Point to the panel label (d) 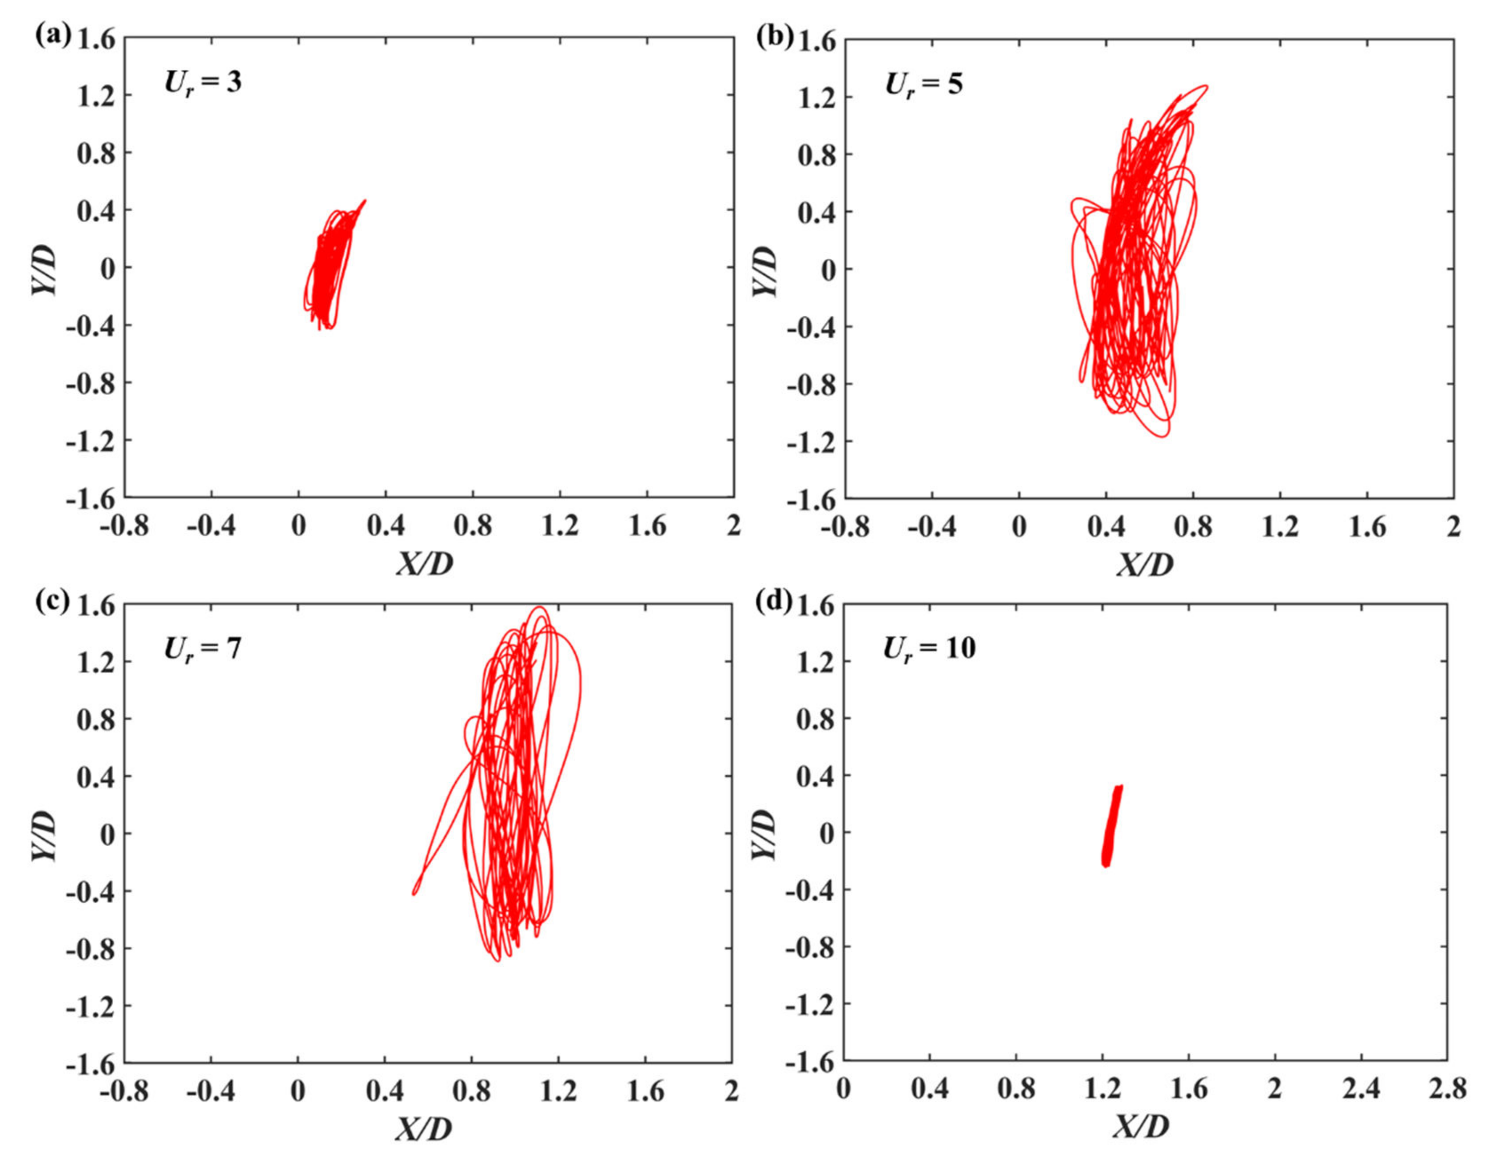pyautogui.click(x=774, y=602)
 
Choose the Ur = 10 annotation pyautogui.click(x=929, y=647)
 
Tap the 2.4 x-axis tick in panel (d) pyautogui.click(x=1360, y=1089)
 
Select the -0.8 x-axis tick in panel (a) pyautogui.click(x=124, y=526)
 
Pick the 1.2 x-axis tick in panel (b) pyautogui.click(x=1280, y=527)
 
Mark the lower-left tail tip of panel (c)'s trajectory pyautogui.click(x=414, y=893)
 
